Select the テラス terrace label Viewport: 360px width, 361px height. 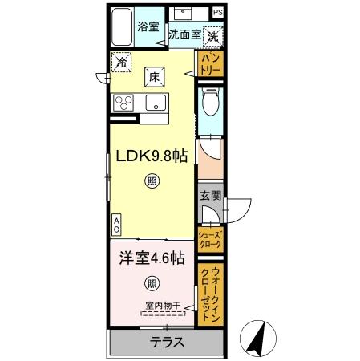coord(167,342)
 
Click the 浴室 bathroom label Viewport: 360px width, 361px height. coord(147,25)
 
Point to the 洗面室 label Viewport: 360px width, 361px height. coord(184,36)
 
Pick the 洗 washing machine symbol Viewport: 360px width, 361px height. coord(212,36)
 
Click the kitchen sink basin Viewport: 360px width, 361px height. coord(155,103)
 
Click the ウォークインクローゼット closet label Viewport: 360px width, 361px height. coord(210,294)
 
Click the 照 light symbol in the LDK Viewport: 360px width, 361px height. coord(152,181)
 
